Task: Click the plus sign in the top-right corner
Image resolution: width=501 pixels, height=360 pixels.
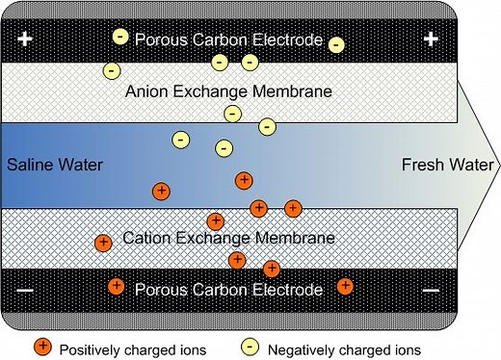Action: [x=431, y=39]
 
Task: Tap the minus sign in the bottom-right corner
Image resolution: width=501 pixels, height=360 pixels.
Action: [x=431, y=289]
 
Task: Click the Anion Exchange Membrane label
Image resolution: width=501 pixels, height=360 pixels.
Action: [x=228, y=91]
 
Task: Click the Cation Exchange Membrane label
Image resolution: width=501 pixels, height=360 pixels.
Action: [x=228, y=237]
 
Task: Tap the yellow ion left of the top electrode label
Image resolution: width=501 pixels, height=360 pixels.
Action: [x=119, y=37]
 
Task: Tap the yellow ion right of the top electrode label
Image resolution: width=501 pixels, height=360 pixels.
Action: [x=335, y=44]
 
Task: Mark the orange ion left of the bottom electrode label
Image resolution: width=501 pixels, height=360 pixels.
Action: [x=117, y=285]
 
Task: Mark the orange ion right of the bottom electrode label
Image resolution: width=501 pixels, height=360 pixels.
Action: [x=345, y=285]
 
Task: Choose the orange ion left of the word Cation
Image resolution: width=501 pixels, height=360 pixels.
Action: [x=102, y=242]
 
